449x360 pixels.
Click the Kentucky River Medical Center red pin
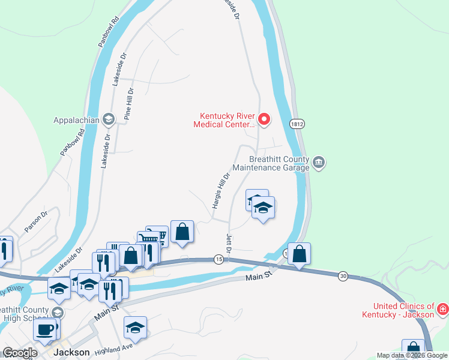point(264,120)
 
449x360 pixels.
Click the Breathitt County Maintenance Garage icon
point(319,161)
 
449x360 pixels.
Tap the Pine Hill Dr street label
point(128,105)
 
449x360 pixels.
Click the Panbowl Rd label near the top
point(109,36)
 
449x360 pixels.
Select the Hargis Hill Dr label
point(221,191)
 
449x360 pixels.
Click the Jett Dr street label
point(229,242)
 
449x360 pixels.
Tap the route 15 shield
point(219,259)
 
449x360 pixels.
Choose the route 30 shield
point(343,275)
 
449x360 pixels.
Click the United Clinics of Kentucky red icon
point(443,310)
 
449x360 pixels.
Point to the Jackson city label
point(71,352)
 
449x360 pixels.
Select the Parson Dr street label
point(35,223)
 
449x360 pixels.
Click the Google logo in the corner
point(20,353)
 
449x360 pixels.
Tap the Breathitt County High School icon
point(57,312)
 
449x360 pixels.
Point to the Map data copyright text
point(412,355)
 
